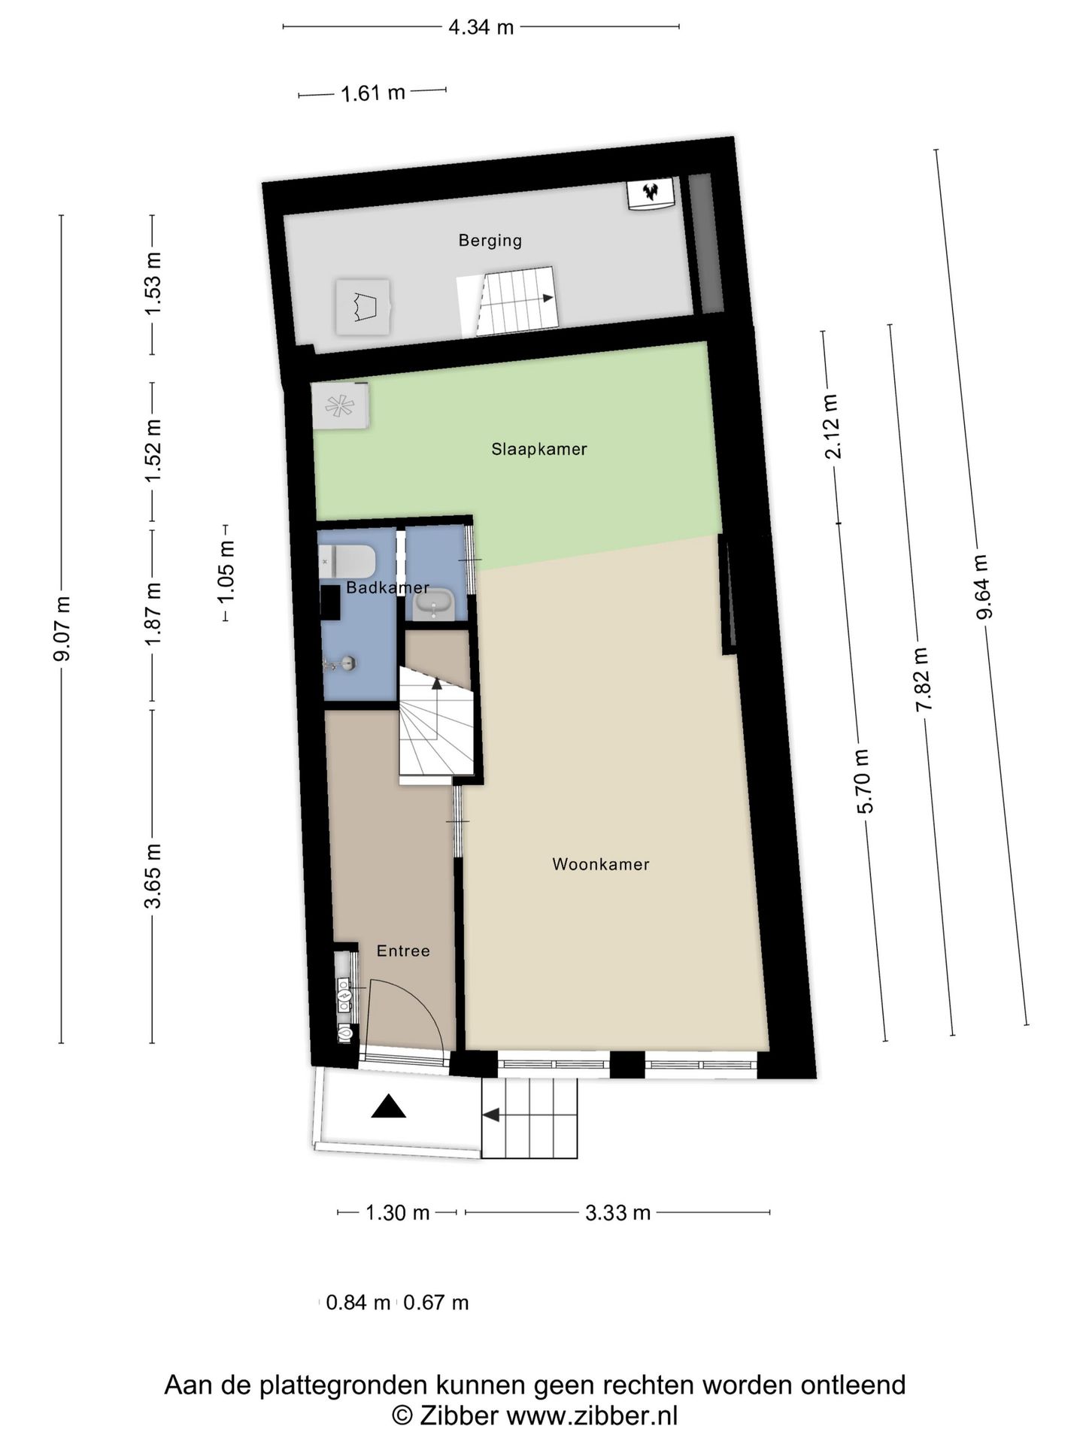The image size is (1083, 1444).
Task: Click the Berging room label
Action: (490, 241)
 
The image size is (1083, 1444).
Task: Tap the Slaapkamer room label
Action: (538, 449)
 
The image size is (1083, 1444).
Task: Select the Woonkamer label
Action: (600, 864)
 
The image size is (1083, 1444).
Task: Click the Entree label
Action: (403, 951)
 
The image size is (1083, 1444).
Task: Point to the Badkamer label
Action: (387, 588)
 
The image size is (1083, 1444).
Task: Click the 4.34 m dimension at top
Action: (481, 28)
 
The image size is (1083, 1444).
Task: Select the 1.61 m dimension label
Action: (373, 94)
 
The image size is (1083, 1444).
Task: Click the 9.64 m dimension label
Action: (982, 587)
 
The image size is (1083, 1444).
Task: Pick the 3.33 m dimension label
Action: (617, 1212)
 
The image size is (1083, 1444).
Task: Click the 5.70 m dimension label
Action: (864, 781)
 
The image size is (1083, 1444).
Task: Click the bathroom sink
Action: (434, 603)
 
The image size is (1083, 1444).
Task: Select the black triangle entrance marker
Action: (389, 1106)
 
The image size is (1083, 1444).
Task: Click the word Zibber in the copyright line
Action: (458, 1416)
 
